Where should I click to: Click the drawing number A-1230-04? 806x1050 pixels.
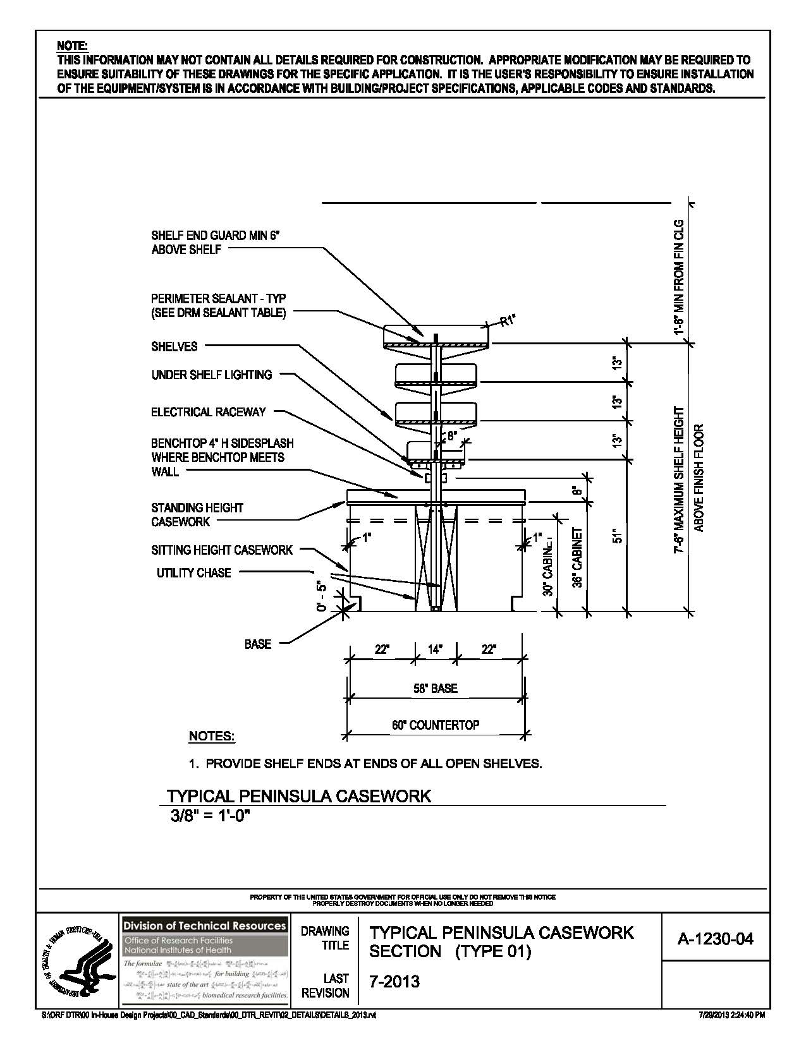point(715,939)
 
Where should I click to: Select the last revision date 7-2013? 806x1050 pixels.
point(394,981)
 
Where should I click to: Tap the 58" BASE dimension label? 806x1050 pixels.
point(435,688)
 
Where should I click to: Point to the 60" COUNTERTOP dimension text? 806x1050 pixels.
point(435,725)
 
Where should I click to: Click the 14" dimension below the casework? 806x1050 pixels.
point(435,649)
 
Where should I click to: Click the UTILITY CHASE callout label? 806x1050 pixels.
point(193,573)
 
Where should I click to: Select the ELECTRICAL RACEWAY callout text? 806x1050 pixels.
point(208,412)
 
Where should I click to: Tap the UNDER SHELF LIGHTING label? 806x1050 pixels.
point(211,375)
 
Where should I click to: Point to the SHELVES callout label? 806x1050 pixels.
point(174,346)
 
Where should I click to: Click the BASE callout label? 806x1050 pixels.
point(257,644)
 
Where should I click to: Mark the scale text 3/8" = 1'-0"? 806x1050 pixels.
point(211,816)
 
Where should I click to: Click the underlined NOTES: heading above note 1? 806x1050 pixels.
point(211,737)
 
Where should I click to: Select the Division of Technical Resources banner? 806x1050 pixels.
point(204,926)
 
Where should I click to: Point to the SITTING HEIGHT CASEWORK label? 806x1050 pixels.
point(221,550)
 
